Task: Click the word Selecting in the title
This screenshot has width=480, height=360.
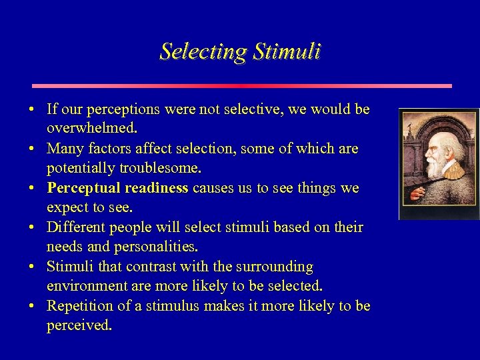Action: point(202,51)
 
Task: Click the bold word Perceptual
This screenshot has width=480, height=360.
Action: point(83,188)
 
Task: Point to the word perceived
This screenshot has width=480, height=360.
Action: point(79,325)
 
